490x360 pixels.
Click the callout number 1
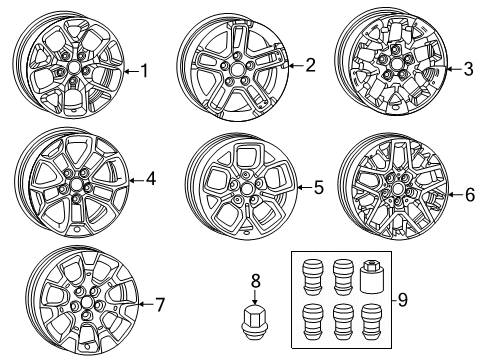tap(145, 71)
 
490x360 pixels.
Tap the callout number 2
tap(310, 66)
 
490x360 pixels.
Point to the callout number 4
tap(151, 180)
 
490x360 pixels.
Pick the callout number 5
tap(318, 186)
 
